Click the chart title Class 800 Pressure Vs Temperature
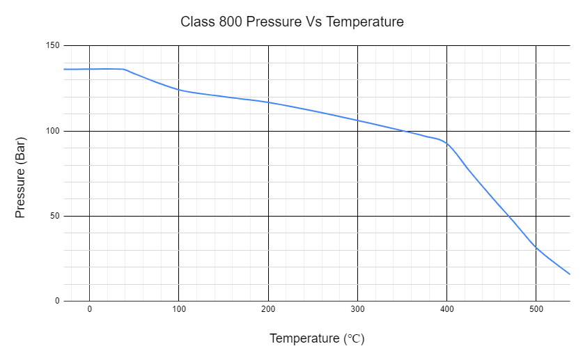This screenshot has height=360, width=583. pyautogui.click(x=292, y=22)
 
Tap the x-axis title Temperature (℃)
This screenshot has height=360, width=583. pyautogui.click(x=317, y=339)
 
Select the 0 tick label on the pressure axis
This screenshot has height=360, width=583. pyautogui.click(x=57, y=301)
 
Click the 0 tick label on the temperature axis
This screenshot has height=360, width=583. pyautogui.click(x=89, y=309)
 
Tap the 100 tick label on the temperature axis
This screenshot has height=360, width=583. pyautogui.click(x=178, y=309)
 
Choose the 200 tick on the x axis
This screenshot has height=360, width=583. pyautogui.click(x=268, y=309)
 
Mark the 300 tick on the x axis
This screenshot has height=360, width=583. pyautogui.click(x=357, y=309)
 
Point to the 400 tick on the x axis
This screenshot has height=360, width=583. pyautogui.click(x=446, y=309)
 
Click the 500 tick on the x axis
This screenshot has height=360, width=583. pyautogui.click(x=536, y=309)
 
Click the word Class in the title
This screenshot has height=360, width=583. pyautogui.click(x=197, y=22)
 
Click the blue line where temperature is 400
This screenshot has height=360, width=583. pyautogui.click(x=446, y=144)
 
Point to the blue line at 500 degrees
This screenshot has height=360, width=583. pyautogui.click(x=536, y=247)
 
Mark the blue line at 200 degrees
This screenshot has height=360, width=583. pyautogui.click(x=268, y=102)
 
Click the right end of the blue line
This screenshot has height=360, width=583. pyautogui.click(x=570, y=274)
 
